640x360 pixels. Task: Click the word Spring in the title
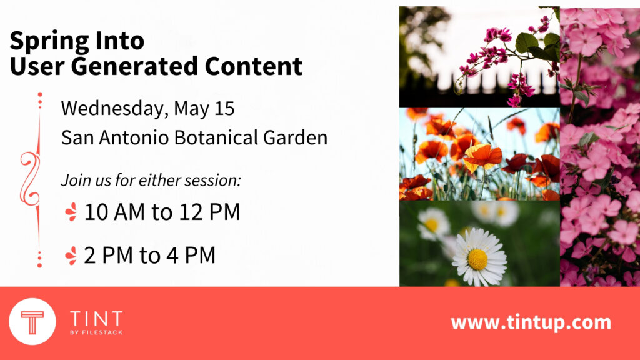[49, 42]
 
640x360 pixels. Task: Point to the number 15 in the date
[224, 109]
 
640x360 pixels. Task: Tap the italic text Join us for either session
[151, 180]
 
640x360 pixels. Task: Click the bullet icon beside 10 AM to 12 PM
[71, 212]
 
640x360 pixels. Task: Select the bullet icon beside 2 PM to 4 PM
[71, 256]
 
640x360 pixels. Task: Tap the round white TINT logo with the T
[32, 322]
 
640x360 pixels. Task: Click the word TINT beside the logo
[96, 318]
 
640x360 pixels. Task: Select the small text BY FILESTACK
[96, 332]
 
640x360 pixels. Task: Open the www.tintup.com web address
[531, 322]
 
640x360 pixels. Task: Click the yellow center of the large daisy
[477, 259]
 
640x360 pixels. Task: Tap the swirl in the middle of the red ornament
[31, 178]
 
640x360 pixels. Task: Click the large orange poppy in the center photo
[483, 156]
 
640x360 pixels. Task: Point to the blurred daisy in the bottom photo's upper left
[433, 223]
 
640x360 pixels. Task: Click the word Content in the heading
[254, 66]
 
